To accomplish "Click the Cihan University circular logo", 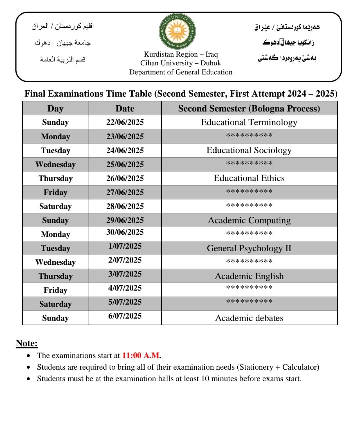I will click(177, 32).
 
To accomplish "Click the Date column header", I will click(125, 108).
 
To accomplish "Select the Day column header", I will click(55, 108).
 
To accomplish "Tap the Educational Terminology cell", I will click(249, 122).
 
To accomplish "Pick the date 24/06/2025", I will click(125, 150).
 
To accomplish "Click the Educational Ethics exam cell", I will click(249, 178).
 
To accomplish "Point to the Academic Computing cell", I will click(249, 221).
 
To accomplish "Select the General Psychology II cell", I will click(249, 248).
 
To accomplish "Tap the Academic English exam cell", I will click(249, 276).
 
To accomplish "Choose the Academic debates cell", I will click(249, 318).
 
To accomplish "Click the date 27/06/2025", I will click(125, 192).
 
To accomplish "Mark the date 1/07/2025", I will click(125, 246).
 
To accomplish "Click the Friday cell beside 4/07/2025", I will click(55, 290).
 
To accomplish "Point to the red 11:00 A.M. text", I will click(141, 356).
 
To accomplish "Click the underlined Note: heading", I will click(27, 343).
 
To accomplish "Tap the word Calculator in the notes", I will click(299, 367).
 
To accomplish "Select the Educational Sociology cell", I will click(249, 150).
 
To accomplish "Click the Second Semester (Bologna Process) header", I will click(249, 108).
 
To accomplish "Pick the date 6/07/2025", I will click(125, 316).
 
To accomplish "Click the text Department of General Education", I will click(181, 72).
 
